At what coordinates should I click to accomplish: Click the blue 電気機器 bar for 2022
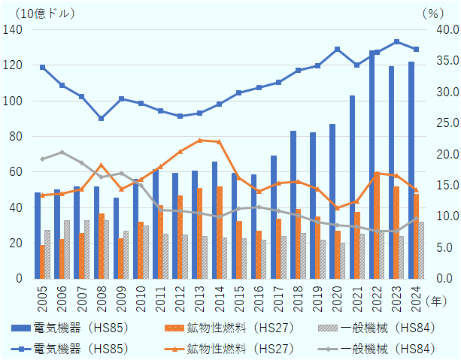(372, 165)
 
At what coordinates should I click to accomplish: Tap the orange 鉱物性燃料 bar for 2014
(219, 232)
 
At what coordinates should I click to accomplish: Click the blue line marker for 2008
(101, 118)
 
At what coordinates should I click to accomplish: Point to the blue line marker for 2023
(396, 41)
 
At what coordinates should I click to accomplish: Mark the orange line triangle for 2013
(199, 141)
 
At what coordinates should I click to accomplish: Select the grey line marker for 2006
(62, 153)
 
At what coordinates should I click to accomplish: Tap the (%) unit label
(433, 13)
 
